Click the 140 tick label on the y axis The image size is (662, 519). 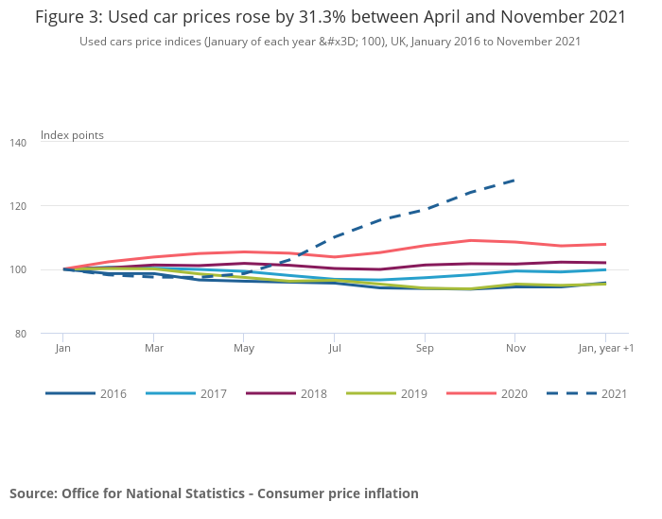tap(46, 142)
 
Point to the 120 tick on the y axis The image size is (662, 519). tap(46, 206)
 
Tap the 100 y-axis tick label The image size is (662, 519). tap(46, 270)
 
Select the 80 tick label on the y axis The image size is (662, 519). tap(46, 335)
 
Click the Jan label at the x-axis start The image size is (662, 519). tap(62, 349)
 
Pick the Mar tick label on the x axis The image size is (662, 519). tap(153, 349)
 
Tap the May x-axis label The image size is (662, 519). tap(243, 349)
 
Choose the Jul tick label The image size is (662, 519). tap(334, 349)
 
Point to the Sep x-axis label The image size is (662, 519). tap(425, 349)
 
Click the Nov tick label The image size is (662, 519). tap(514, 349)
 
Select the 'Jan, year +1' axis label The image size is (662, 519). tap(606, 349)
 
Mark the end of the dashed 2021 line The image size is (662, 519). tap(514, 180)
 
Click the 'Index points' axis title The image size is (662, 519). tap(72, 135)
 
